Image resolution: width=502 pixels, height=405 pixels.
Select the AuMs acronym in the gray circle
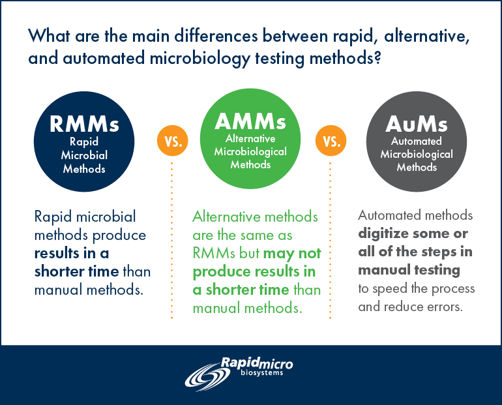tap(417, 124)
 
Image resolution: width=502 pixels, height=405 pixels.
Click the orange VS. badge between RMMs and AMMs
tap(171, 141)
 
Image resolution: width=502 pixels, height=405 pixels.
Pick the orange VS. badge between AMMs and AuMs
tap(330, 141)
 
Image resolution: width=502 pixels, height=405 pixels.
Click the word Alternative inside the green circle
tap(251, 138)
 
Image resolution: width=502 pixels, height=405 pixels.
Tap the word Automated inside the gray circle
tap(417, 142)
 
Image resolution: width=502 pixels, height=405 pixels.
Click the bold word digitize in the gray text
tap(385, 233)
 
